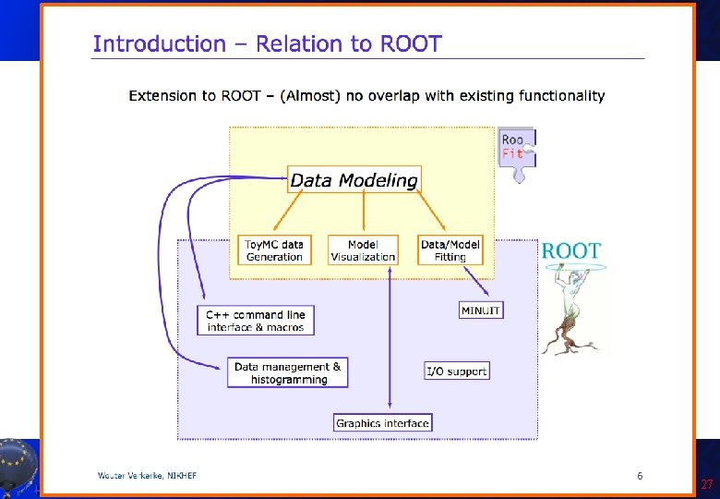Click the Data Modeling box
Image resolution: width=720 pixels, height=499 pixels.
click(x=354, y=180)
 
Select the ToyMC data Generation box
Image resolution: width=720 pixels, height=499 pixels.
click(x=274, y=250)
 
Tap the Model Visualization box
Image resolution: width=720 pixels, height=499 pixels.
click(x=363, y=250)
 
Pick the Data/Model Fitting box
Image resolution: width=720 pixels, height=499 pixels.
click(x=450, y=250)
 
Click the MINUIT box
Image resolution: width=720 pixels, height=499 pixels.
click(x=480, y=310)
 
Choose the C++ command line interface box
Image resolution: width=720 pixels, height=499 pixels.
click(x=256, y=321)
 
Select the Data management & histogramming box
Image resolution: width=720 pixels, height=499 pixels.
click(x=288, y=373)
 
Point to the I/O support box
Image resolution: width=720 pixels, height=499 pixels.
click(x=456, y=371)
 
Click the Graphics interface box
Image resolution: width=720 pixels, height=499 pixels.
click(x=383, y=423)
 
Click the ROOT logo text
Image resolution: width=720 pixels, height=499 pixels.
click(x=570, y=250)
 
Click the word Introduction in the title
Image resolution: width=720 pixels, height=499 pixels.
click(x=159, y=43)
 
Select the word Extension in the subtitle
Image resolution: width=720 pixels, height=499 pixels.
click(x=162, y=95)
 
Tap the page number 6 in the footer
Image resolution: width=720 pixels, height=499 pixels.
click(x=640, y=476)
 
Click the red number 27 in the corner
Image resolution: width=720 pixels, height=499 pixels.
click(x=706, y=485)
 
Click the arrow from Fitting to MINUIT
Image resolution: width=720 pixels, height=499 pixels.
click(x=474, y=279)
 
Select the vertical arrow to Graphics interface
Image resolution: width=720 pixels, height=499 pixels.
click(x=391, y=342)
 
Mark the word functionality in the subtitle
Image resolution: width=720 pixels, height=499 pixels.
click(x=559, y=95)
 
